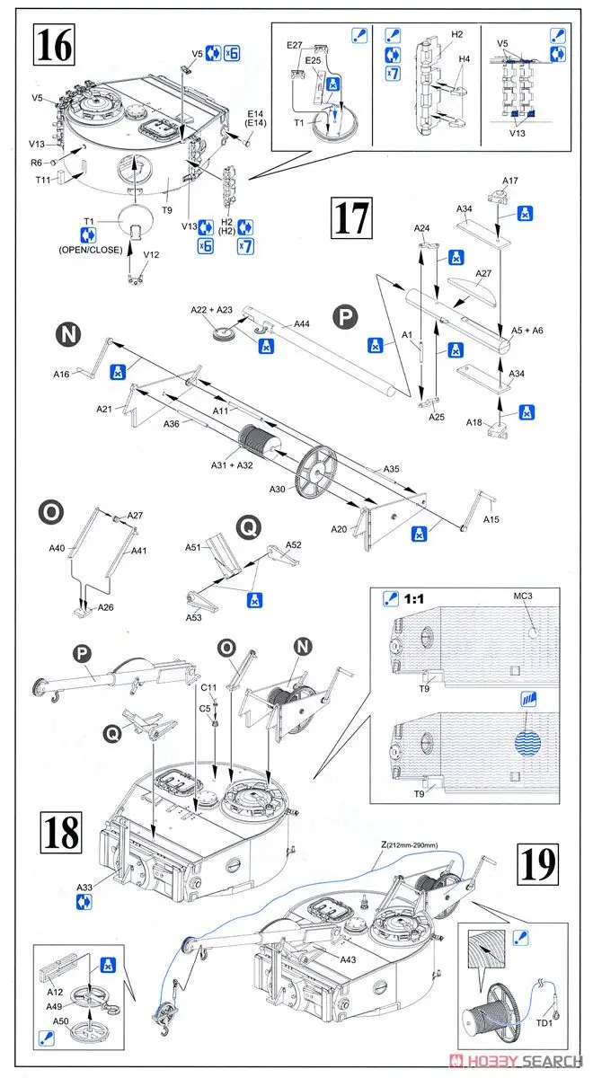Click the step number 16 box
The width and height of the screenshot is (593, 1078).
pos(54,45)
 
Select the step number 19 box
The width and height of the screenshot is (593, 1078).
pos(538,864)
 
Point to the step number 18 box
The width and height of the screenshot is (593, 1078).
pos(61,835)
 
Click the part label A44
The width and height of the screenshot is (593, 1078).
pos(302,324)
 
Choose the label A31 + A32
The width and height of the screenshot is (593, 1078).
pos(233,466)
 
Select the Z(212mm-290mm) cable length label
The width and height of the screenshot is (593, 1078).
pos(409,844)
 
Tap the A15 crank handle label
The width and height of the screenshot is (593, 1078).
pos(491,519)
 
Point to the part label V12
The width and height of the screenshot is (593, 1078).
pos(151,254)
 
